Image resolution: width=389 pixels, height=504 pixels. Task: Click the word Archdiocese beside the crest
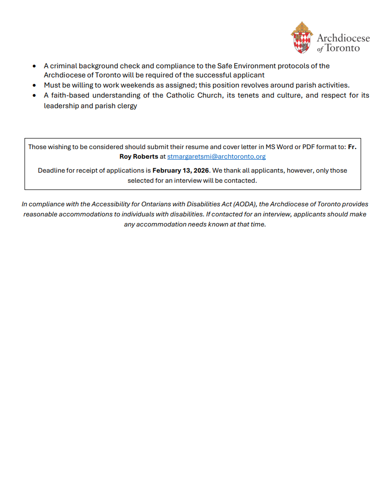pos(343,38)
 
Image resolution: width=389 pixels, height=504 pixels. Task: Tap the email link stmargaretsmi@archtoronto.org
pos(216,156)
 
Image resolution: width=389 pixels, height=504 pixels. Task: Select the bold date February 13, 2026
pos(180,170)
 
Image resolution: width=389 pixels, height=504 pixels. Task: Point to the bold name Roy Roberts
pos(138,156)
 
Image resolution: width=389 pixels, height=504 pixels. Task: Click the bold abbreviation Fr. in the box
pos(352,147)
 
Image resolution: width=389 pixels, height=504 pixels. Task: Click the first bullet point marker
pos(34,66)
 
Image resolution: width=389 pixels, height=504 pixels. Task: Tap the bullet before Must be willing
pos(34,85)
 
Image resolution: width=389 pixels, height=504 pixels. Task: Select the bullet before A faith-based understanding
pos(34,95)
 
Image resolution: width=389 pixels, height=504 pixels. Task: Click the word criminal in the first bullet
pos(64,66)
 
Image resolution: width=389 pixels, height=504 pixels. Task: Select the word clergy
pos(126,105)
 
